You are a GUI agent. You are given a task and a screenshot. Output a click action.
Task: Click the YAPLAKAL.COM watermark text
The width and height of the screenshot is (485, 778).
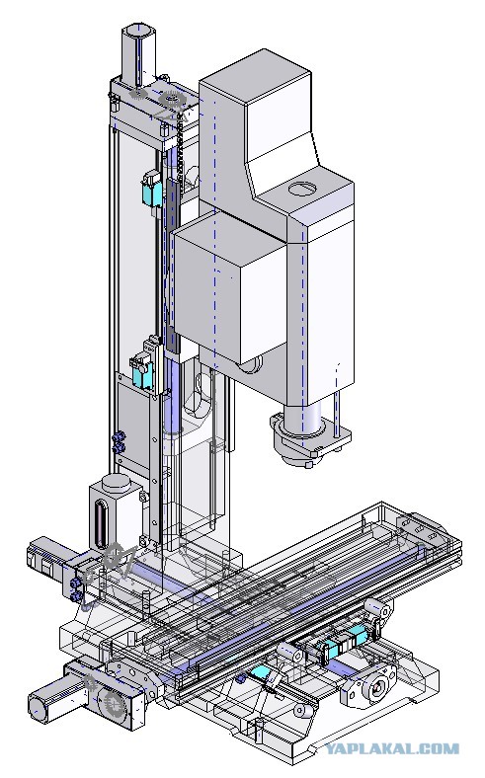392,748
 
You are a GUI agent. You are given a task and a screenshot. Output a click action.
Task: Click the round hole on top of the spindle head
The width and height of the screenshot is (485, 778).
302,188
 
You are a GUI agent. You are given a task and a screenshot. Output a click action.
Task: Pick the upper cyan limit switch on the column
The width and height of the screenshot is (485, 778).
151,190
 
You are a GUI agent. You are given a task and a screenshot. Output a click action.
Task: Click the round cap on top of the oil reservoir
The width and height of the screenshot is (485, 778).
117,482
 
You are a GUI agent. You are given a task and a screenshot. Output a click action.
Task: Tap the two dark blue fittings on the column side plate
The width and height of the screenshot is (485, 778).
120,442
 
